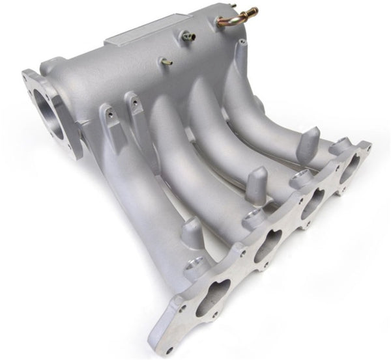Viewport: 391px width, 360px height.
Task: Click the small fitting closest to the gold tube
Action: tap(190, 37)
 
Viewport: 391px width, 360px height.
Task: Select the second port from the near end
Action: tap(267, 244)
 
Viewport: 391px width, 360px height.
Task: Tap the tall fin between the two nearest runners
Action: tap(192, 232)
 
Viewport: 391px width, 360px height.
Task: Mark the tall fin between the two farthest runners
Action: tap(308, 142)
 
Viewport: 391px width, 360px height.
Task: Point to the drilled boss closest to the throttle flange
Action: tap(108, 114)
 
